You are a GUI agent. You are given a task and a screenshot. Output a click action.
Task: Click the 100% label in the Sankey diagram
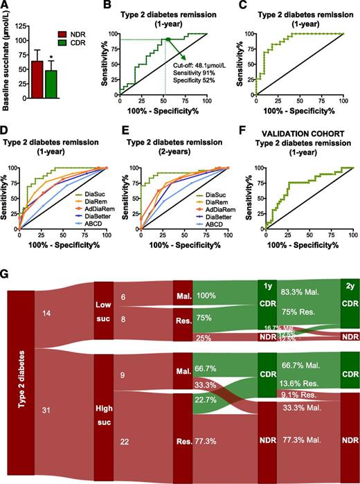(x=207, y=296)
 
